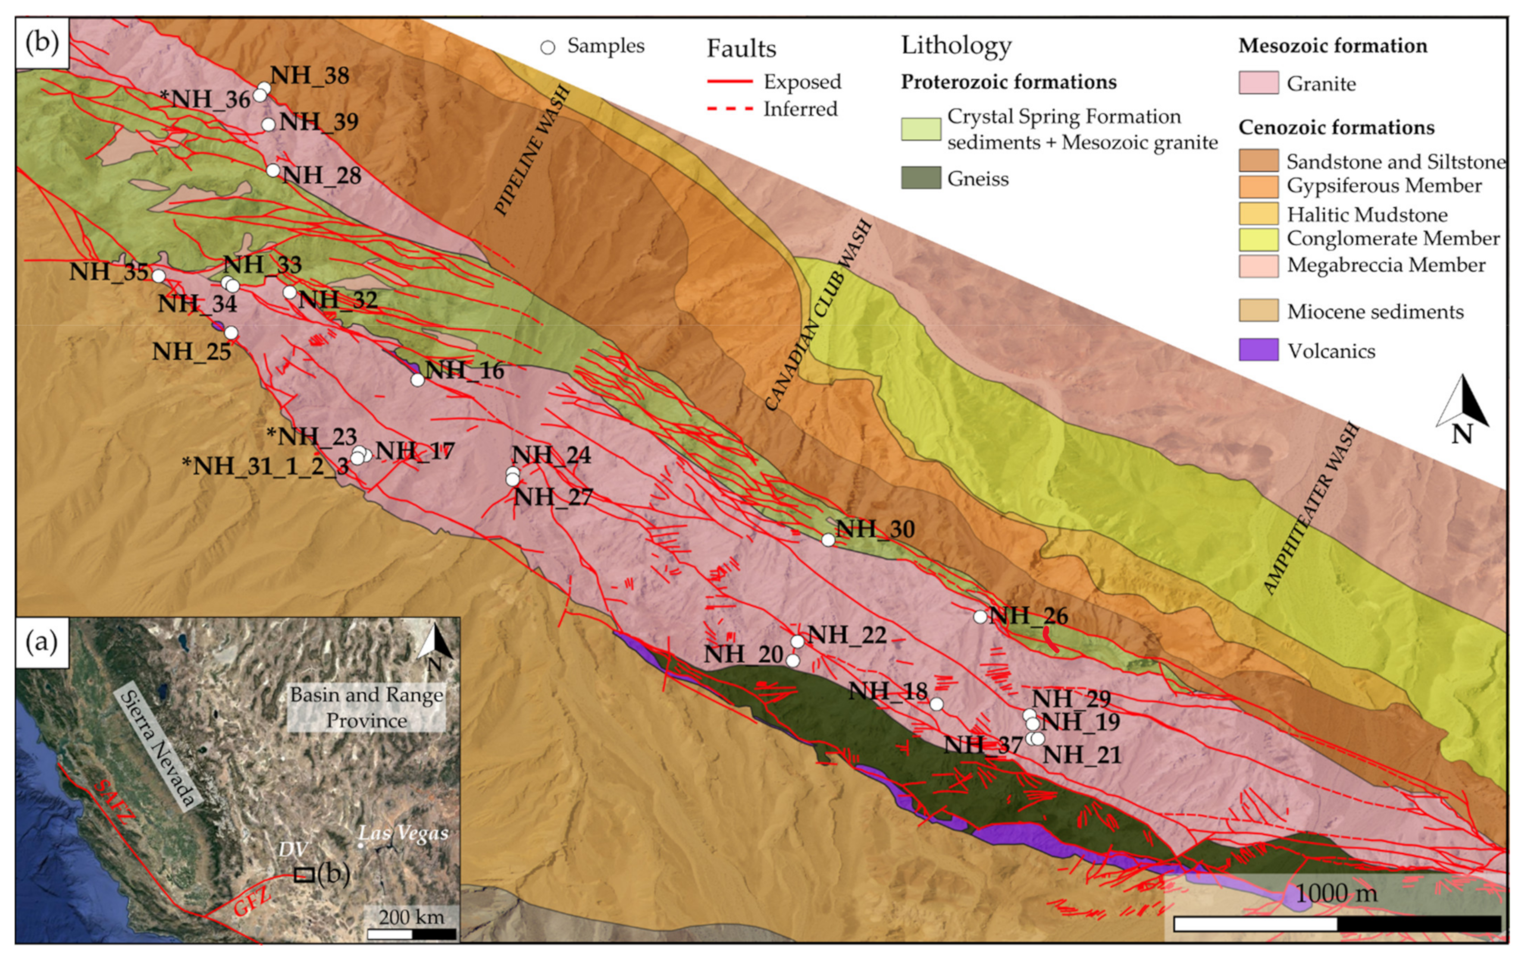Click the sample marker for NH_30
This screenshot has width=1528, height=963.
828,540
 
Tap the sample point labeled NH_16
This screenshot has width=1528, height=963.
417,380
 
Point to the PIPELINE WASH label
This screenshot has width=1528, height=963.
532,151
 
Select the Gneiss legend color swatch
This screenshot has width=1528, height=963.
921,178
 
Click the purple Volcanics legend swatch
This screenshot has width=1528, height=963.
1259,350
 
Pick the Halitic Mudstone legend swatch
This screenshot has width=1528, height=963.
1259,214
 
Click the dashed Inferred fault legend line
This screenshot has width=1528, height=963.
730,109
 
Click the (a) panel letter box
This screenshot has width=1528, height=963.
42,642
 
